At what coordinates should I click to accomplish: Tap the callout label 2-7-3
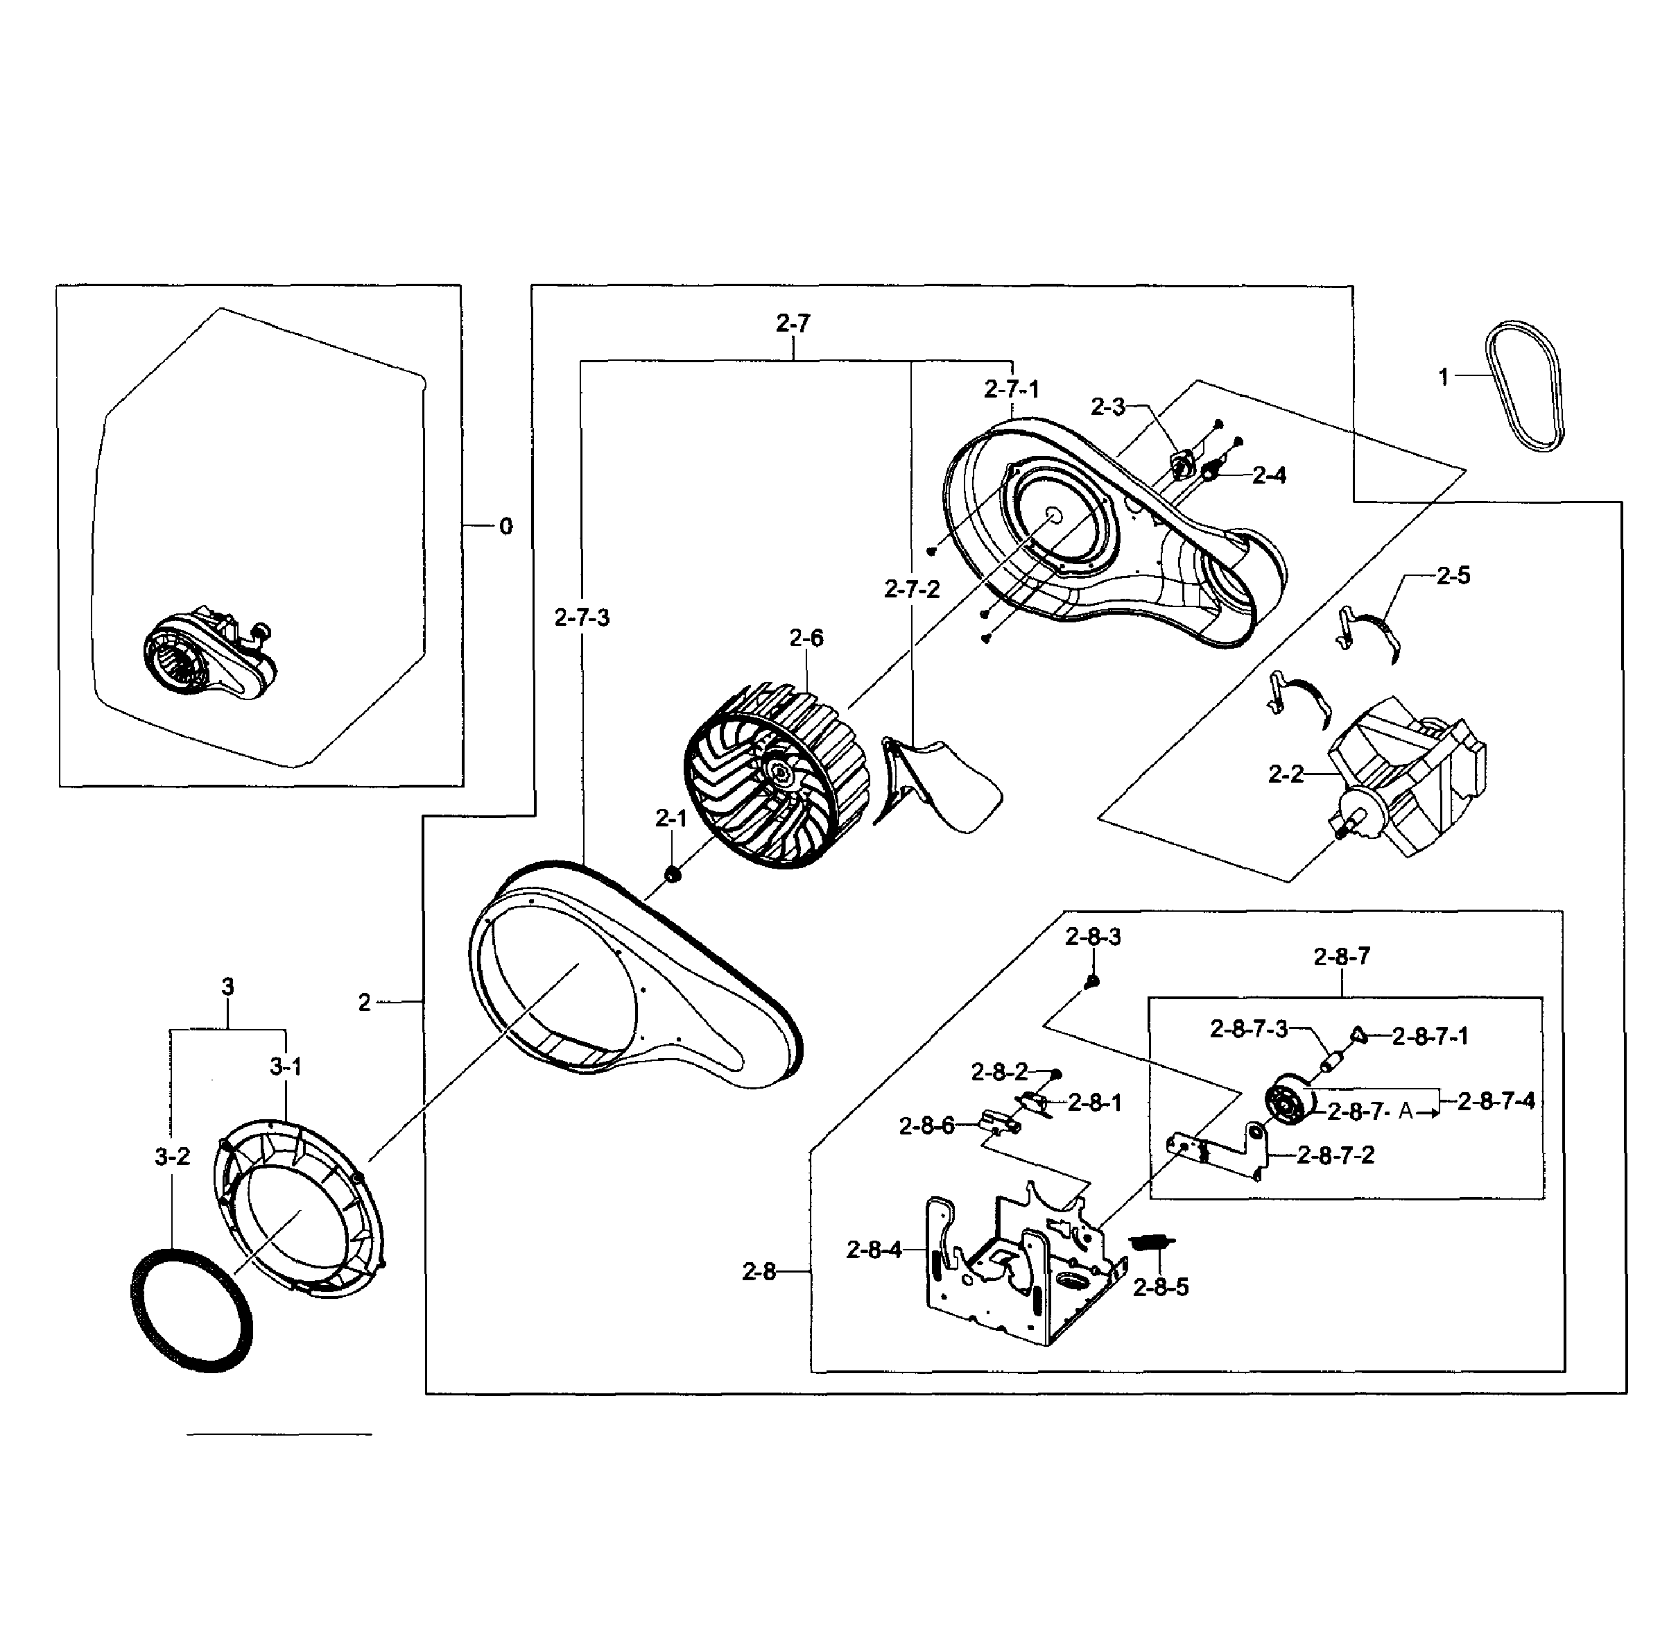582,618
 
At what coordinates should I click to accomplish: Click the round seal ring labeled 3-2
191,1311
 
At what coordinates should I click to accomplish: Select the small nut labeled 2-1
673,874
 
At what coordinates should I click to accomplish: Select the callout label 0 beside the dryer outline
506,526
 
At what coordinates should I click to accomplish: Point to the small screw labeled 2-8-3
1092,981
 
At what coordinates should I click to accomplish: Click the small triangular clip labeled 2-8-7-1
1358,1034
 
